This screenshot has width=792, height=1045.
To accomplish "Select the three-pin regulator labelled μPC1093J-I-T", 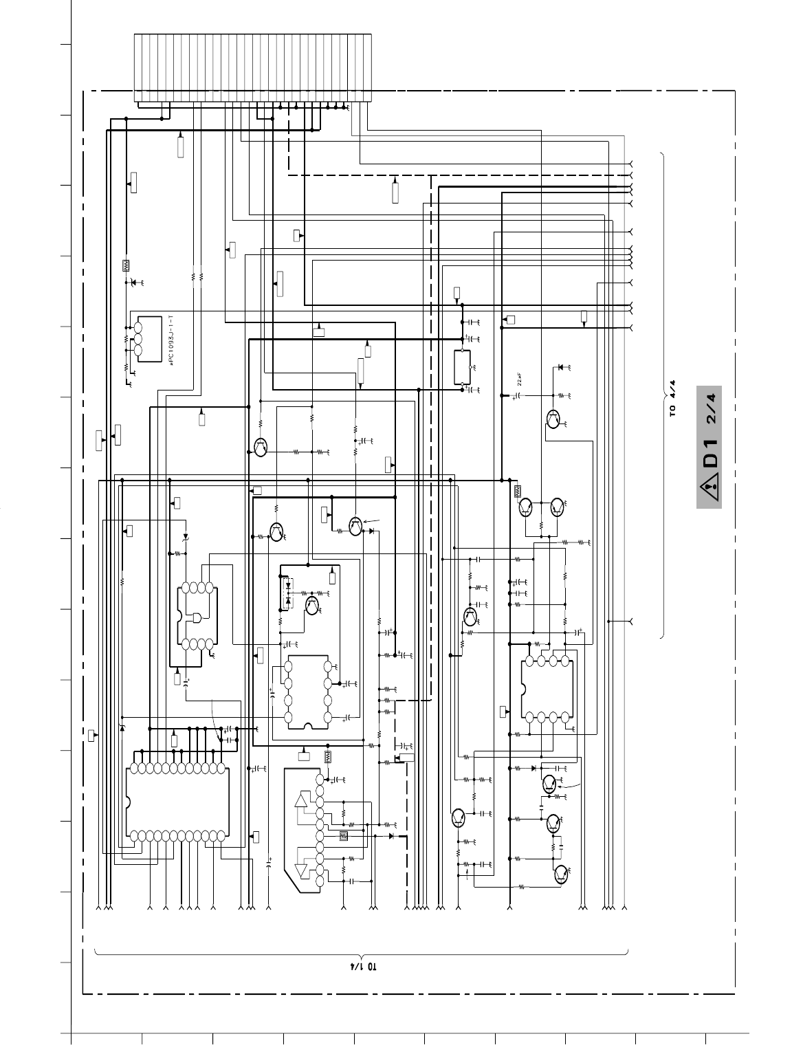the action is point(149,337).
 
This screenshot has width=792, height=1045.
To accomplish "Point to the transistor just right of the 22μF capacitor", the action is point(553,419).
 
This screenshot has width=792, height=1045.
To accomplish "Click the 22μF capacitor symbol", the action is point(514,397).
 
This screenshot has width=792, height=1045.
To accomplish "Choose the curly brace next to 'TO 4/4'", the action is point(661,395).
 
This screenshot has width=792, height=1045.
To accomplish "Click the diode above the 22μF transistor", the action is point(561,367).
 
